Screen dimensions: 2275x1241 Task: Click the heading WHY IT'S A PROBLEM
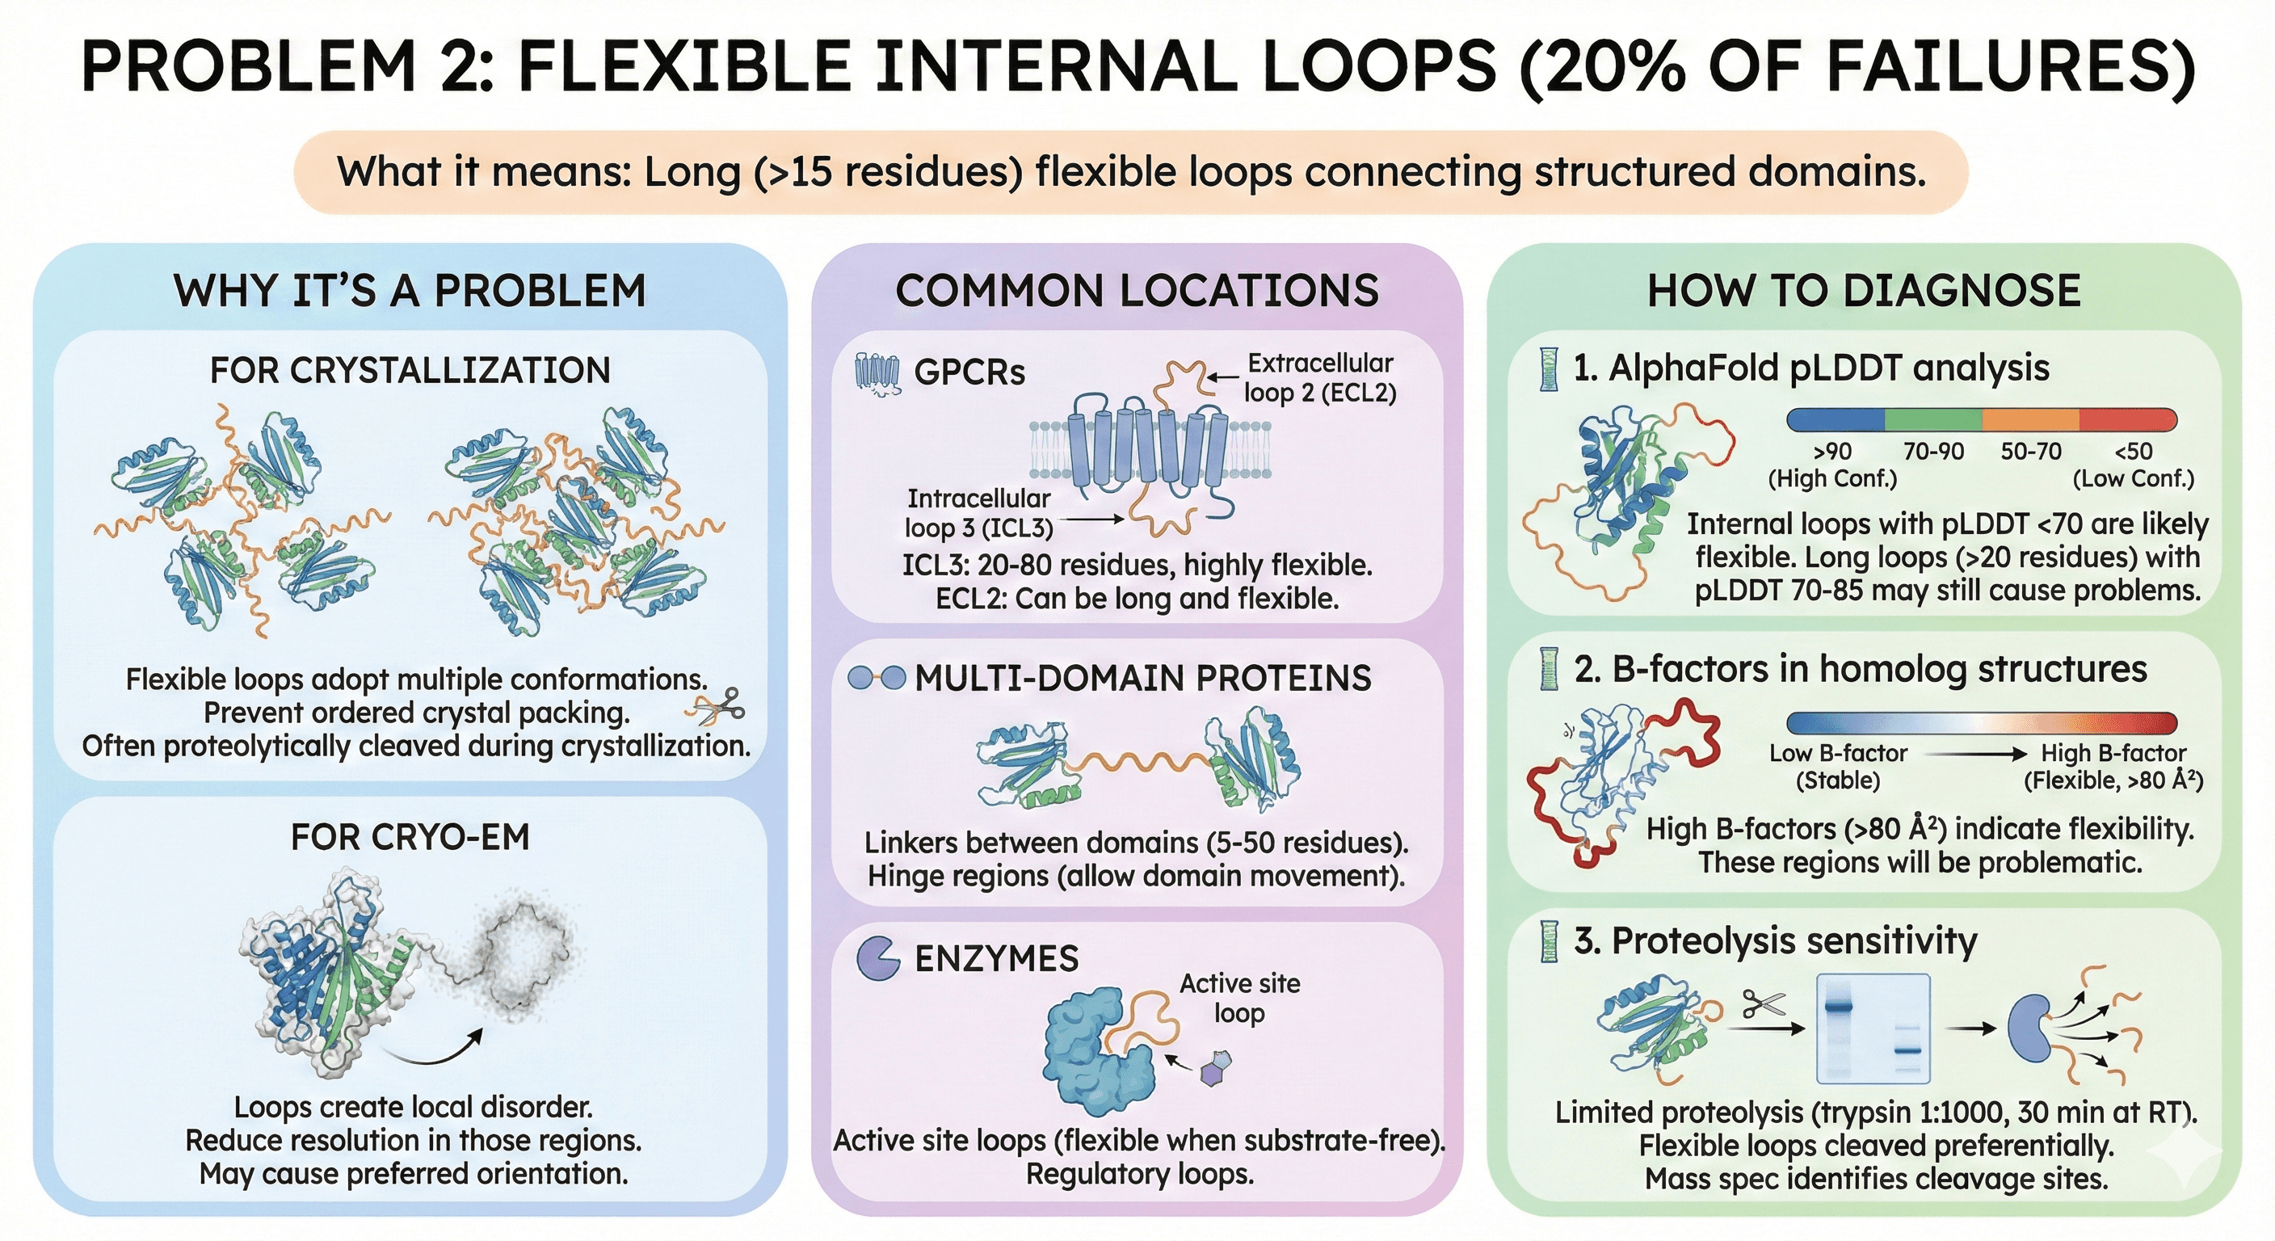pos(410,291)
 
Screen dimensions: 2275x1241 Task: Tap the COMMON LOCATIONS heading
pos(1137,291)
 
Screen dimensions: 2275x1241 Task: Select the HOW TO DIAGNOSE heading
pos(1864,291)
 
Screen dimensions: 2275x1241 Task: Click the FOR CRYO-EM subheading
pos(410,836)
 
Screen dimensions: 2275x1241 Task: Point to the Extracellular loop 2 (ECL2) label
pos(1319,377)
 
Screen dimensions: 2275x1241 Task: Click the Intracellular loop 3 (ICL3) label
pos(978,513)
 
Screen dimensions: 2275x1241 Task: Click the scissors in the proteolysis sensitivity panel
pos(1764,1004)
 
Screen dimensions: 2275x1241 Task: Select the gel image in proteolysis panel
pos(1873,1029)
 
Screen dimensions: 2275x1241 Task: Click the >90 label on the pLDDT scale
pos(1832,452)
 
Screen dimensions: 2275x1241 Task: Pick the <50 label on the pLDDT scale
pos(2133,452)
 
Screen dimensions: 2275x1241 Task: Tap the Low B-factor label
pos(1838,754)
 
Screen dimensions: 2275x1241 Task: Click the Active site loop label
pos(1240,998)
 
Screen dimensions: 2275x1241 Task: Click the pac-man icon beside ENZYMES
pos(878,958)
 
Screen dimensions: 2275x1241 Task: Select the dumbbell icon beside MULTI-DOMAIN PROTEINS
pos(876,679)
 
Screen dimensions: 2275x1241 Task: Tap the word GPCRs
pos(969,372)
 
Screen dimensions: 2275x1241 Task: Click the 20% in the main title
pos(1598,65)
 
